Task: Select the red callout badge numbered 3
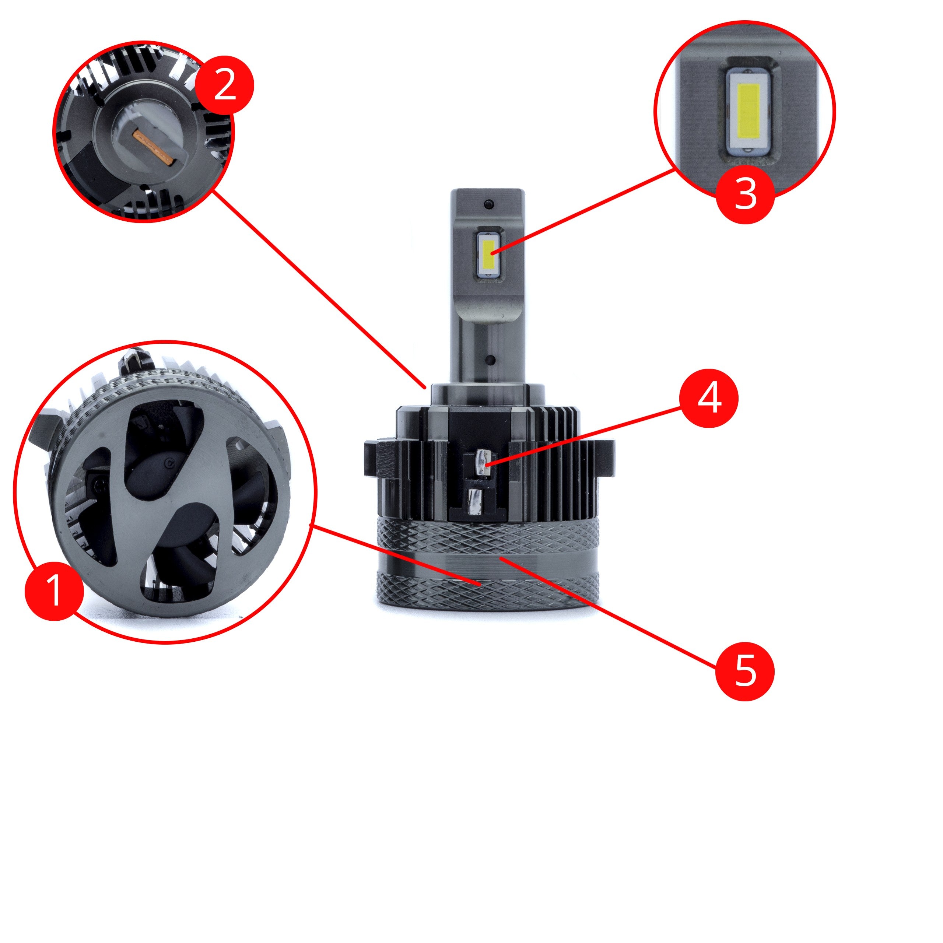tap(745, 194)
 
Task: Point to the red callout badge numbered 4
tap(709, 398)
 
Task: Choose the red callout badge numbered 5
tap(745, 671)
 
